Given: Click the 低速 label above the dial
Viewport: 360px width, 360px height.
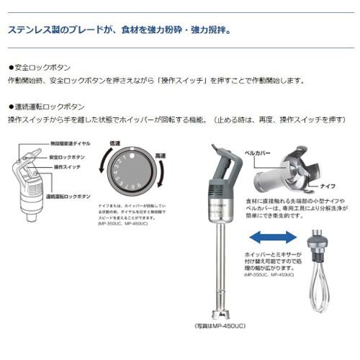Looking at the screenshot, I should click(115, 143).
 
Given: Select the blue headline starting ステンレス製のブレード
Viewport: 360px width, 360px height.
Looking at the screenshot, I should click(119, 30).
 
